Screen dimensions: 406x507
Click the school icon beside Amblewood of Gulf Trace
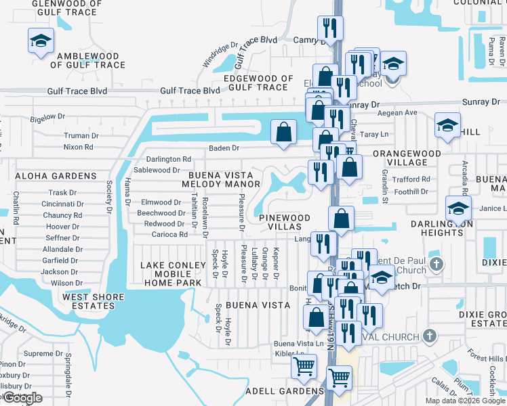pyautogui.click(x=41, y=42)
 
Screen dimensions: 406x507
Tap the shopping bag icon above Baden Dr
pyautogui.click(x=284, y=131)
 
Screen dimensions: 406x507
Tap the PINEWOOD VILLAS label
pyautogui.click(x=285, y=223)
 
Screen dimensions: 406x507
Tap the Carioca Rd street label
pyautogui.click(x=169, y=234)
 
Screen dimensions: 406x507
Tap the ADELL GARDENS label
pyautogui.click(x=294, y=391)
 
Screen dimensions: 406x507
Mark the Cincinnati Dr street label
pyautogui.click(x=62, y=204)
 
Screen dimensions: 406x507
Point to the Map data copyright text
pyautogui.click(x=464, y=401)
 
